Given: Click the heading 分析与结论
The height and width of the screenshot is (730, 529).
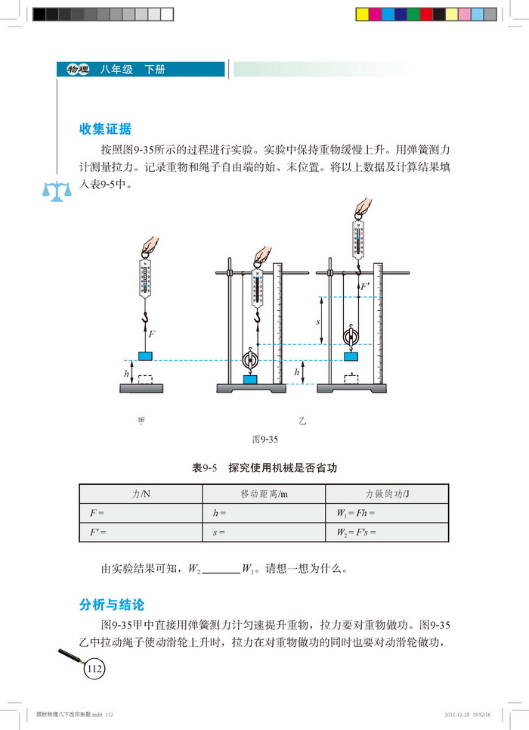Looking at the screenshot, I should coord(111,605).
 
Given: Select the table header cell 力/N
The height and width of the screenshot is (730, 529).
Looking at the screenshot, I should coord(141,493).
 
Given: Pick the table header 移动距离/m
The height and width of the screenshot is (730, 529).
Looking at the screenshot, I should coord(264,493).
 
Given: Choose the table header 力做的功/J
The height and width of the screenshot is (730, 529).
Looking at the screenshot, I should coord(387,493).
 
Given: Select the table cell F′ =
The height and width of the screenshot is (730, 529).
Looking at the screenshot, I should coord(97,531).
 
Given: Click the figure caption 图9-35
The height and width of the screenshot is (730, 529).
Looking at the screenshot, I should coord(264,438).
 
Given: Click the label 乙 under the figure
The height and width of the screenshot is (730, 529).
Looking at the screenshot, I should coord(302,421).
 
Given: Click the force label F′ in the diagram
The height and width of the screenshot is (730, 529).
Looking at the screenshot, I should coord(367,287).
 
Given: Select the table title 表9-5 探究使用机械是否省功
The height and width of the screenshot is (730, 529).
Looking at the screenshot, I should coord(264,468).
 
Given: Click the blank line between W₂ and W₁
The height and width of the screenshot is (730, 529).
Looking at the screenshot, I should coord(221,568).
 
